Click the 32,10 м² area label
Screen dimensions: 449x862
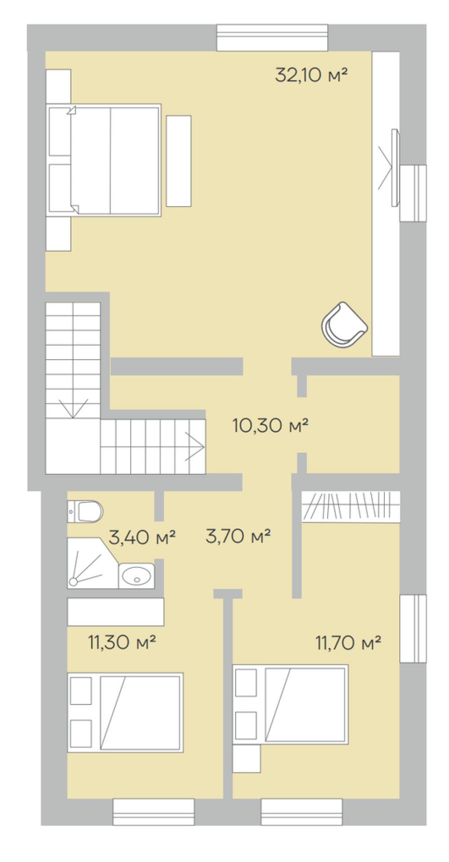coord(311,75)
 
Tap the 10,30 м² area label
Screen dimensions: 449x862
coord(271,425)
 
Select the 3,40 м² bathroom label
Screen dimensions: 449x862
coord(142,537)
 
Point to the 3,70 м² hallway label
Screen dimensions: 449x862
coord(238,536)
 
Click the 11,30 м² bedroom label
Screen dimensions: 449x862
coord(122,642)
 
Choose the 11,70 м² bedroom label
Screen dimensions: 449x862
coord(348,642)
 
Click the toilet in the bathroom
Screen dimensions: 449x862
coord(85,511)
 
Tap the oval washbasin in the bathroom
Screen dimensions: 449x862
coord(136,576)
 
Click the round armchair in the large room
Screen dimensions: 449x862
coord(344,324)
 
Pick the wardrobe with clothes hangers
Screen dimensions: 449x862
coord(351,507)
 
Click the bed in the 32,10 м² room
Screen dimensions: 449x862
coord(104,160)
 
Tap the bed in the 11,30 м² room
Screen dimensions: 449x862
coord(125,712)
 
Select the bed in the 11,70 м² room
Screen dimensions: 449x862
coord(290,704)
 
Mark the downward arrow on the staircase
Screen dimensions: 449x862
coord(73,408)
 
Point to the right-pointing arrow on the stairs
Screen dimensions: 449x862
coord(195,447)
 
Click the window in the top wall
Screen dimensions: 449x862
coord(272,38)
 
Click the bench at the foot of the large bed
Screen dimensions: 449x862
coord(179,161)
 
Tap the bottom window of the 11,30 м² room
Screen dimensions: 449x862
coord(154,812)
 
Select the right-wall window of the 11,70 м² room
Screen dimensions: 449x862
coord(413,629)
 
